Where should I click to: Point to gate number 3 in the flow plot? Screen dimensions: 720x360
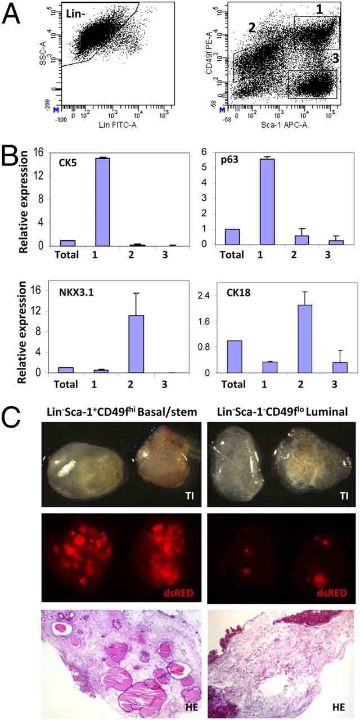tap(334, 57)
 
